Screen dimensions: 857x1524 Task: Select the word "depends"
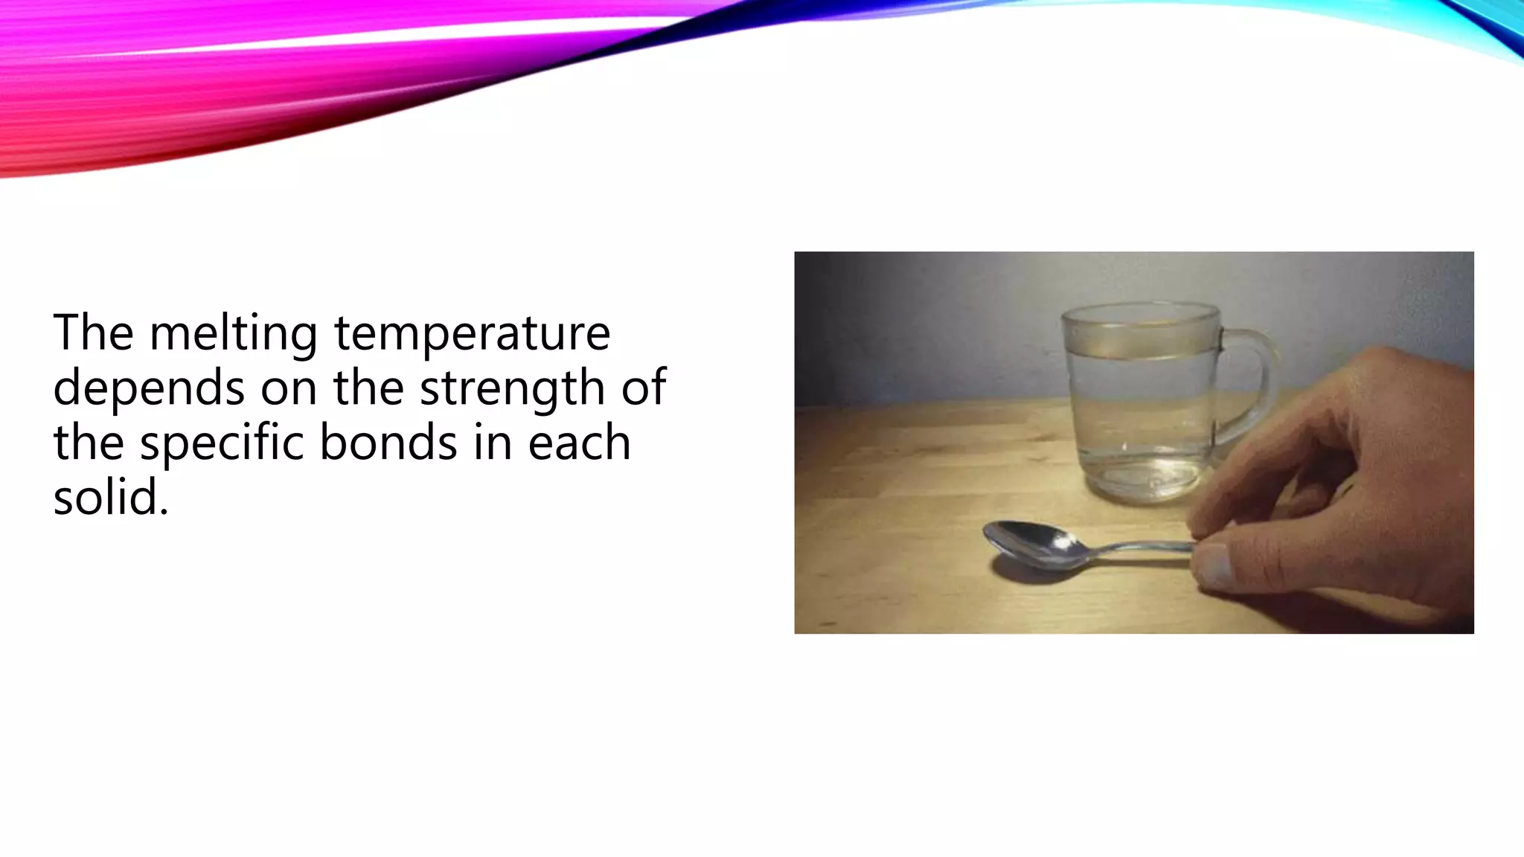[148, 388]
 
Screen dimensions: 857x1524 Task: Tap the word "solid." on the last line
[111, 497]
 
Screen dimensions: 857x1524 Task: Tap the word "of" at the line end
[644, 388]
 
